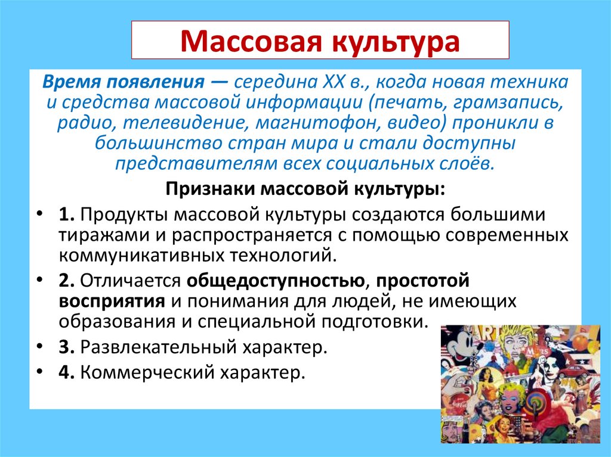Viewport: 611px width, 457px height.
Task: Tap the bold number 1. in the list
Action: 66,213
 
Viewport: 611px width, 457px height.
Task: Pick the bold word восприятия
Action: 112,300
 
